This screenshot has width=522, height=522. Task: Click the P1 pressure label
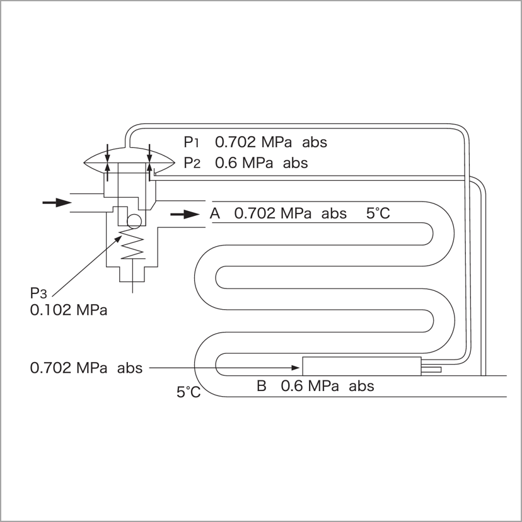coord(191,142)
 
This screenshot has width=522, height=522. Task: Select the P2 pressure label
coord(192,163)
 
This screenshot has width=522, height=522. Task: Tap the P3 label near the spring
coord(38,293)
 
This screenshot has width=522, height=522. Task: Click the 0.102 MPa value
coord(69,310)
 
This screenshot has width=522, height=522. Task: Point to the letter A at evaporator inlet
coord(215,213)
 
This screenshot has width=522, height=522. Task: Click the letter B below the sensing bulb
coord(262,386)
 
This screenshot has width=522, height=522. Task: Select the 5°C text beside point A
coord(378,213)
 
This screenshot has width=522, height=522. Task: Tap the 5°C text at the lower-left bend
coord(188,392)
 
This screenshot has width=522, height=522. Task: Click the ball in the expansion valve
coord(134,221)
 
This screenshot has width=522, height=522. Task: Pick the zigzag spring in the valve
coord(132,244)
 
